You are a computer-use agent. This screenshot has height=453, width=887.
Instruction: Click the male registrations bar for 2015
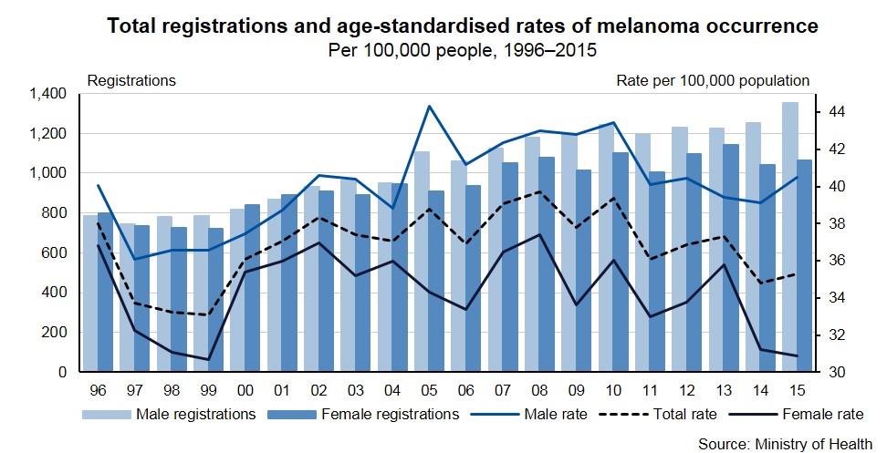(x=790, y=237)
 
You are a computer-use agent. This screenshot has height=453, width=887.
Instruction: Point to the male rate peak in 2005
(x=429, y=106)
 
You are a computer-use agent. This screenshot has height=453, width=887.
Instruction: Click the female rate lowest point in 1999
(x=209, y=359)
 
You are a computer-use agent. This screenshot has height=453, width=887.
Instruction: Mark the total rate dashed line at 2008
(x=541, y=191)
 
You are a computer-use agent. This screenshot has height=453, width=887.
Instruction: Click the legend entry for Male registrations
(x=169, y=414)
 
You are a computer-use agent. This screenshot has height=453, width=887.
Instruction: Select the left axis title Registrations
(x=131, y=80)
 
